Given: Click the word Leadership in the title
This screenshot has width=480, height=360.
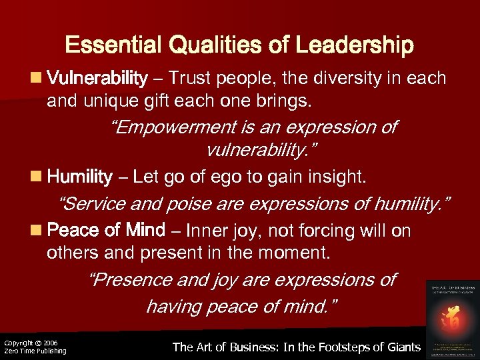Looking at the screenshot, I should pos(355,45).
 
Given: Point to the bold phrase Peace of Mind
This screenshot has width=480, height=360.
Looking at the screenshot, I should pos(107,231).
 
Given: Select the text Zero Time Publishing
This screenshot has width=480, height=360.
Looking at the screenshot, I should pos(35,351).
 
